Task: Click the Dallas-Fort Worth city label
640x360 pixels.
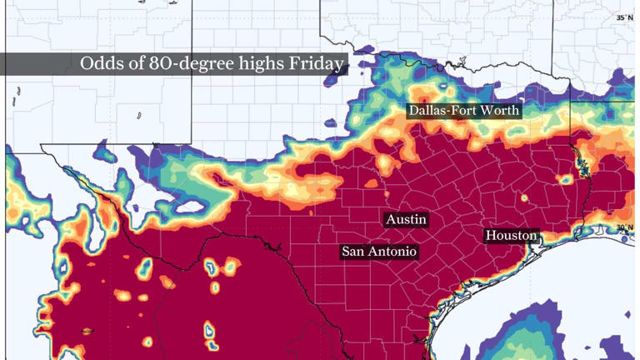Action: [463, 110]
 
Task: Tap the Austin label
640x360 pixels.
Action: [407, 219]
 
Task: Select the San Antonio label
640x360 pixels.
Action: [379, 251]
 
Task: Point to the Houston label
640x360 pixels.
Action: [512, 236]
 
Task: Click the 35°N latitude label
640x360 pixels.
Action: [625, 17]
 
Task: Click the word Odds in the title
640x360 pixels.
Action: [98, 64]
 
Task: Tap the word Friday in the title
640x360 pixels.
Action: [319, 64]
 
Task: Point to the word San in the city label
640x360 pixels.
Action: [353, 251]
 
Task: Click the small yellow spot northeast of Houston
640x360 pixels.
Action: [525, 198]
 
